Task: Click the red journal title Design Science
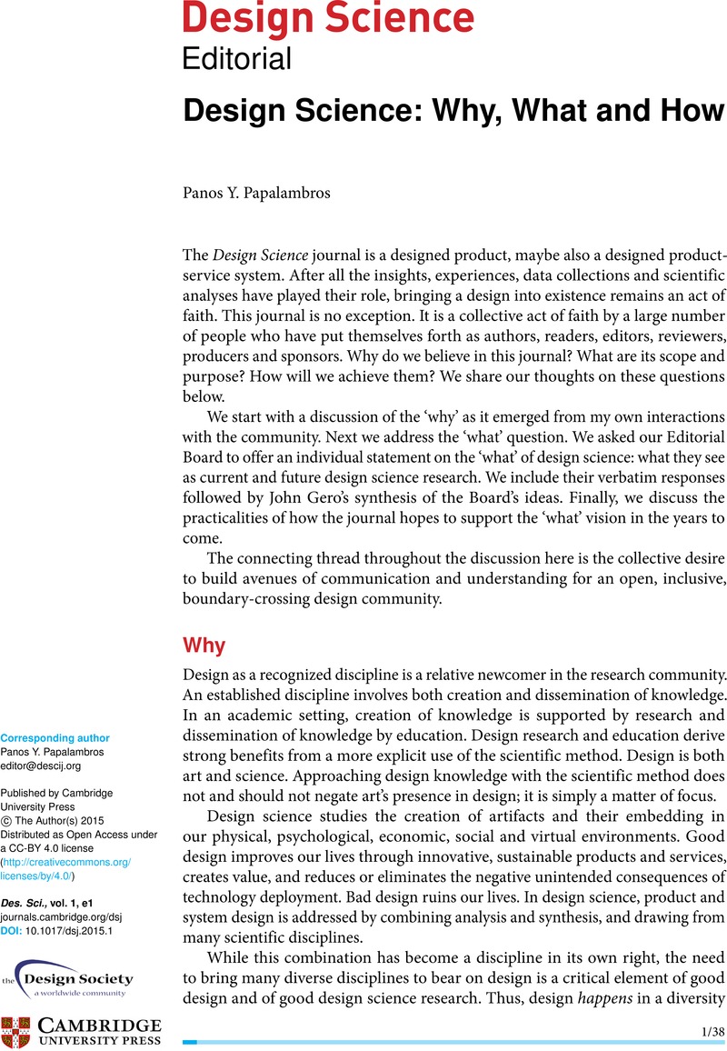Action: (328, 19)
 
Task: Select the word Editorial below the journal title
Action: (237, 59)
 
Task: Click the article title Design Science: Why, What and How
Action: (453, 112)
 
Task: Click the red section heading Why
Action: (204, 646)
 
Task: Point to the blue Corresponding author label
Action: (55, 738)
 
